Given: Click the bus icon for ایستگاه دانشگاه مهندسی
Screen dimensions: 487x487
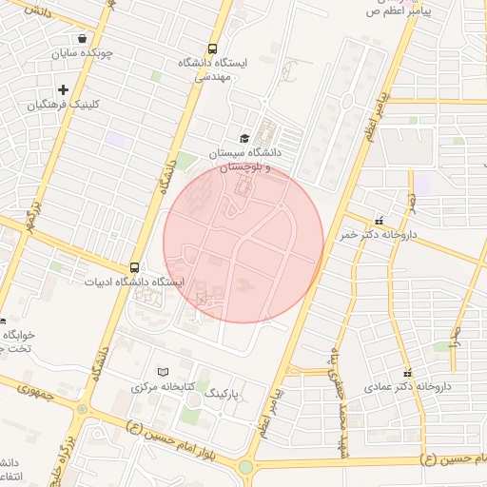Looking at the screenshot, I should point(211,49).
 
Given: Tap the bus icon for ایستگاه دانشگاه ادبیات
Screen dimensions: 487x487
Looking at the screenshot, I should point(135,268).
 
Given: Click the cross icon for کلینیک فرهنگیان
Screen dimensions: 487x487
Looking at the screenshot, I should point(63,89).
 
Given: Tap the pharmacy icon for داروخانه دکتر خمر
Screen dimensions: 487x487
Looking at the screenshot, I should point(380,220).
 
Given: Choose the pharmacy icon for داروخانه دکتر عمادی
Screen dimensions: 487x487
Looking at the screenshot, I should point(408,373).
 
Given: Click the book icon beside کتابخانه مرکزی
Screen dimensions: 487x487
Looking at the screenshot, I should point(161,372).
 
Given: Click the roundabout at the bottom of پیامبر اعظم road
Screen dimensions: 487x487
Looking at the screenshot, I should point(246,467).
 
